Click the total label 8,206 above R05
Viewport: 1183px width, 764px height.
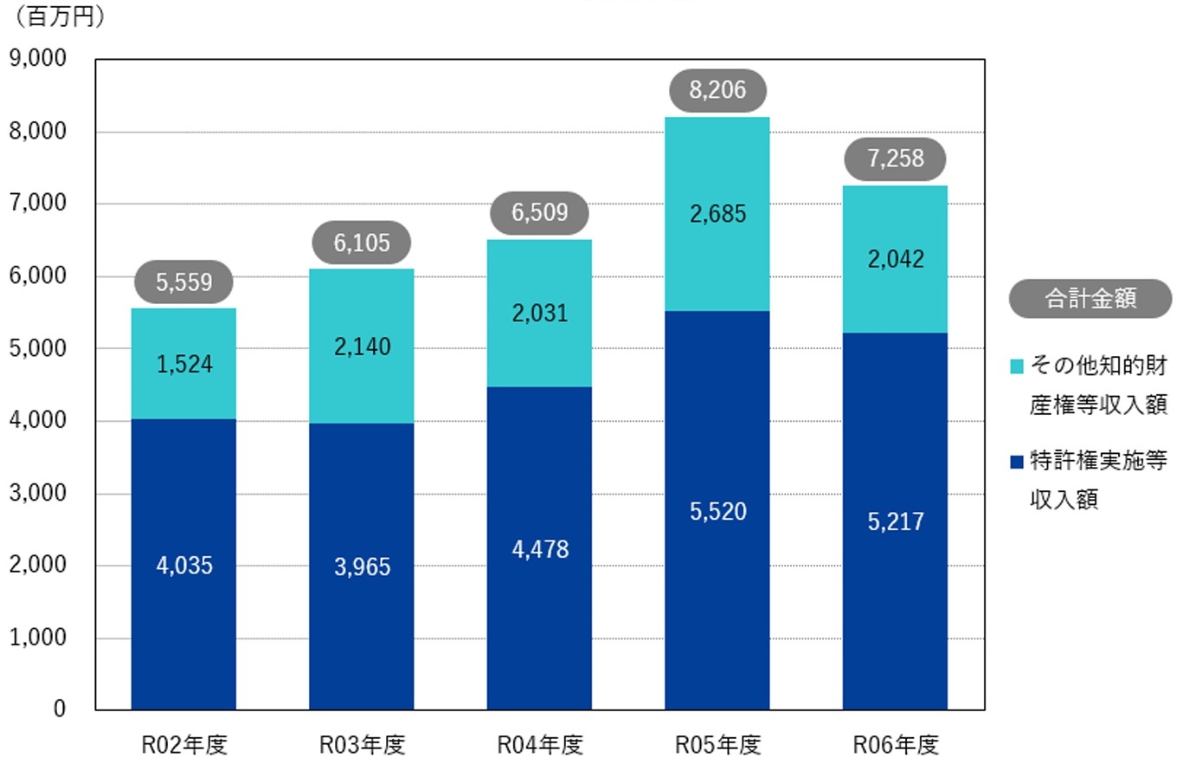(x=717, y=89)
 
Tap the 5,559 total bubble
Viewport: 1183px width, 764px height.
(x=183, y=282)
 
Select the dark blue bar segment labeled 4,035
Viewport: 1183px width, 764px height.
(x=183, y=565)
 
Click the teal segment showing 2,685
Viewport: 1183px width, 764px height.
(x=717, y=214)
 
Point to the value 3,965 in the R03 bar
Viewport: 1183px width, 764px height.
(x=362, y=567)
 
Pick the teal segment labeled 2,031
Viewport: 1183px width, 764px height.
(x=539, y=314)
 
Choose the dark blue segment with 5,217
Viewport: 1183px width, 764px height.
(x=895, y=521)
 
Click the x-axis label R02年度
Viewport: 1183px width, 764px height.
(x=184, y=744)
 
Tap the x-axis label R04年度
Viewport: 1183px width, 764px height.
(x=540, y=744)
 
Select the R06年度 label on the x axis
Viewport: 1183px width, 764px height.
(x=896, y=744)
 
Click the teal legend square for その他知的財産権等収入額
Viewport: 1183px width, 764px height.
(x=1016, y=366)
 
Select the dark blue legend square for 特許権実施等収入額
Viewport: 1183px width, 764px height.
(x=1016, y=461)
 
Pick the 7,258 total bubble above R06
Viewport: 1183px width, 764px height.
(x=895, y=159)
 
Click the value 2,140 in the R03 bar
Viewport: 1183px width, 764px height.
(x=362, y=347)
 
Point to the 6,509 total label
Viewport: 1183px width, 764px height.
(x=539, y=212)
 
